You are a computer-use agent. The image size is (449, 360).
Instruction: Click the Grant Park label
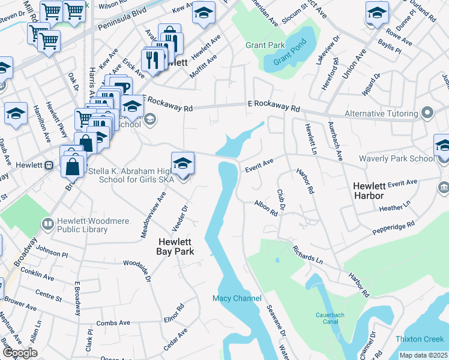click(264, 45)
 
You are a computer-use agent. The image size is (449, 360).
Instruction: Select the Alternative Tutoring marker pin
click(427, 113)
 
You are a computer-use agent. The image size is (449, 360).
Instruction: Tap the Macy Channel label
click(237, 298)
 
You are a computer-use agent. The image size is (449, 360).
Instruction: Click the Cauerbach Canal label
click(335, 319)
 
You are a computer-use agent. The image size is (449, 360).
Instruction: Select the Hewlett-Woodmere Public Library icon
click(47, 224)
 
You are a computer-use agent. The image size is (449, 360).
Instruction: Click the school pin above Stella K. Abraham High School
click(182, 163)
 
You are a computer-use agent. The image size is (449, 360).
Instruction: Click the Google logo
click(20, 352)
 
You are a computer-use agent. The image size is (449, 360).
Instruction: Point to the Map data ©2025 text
click(423, 355)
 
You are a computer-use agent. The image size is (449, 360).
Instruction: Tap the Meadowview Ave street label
click(152, 215)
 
